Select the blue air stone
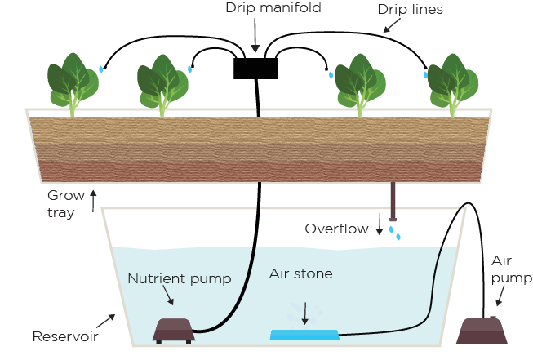click(x=304, y=335)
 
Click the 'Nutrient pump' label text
click(x=179, y=279)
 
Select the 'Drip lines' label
click(x=411, y=10)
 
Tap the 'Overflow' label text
click(x=336, y=229)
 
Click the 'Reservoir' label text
click(x=64, y=336)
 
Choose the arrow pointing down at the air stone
click(x=305, y=313)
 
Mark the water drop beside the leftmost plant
click(x=101, y=69)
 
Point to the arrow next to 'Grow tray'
click(x=92, y=196)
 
